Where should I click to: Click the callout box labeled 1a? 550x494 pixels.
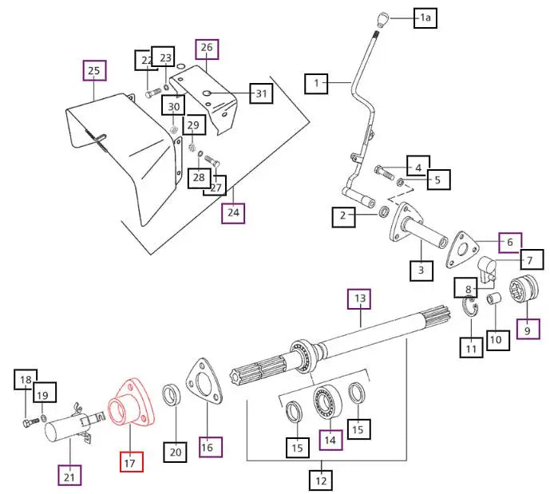coord(425,18)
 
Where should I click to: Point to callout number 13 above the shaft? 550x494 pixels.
coord(359,300)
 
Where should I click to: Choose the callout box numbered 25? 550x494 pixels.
coord(94,72)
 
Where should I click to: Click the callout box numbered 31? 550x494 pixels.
coord(260,93)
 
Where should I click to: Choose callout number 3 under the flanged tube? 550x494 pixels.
coord(421,271)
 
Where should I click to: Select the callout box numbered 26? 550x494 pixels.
coord(206,48)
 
